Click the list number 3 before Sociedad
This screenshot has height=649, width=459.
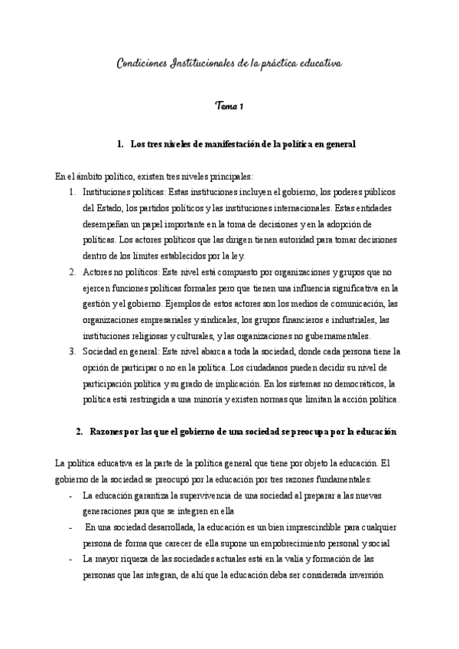(71, 351)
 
